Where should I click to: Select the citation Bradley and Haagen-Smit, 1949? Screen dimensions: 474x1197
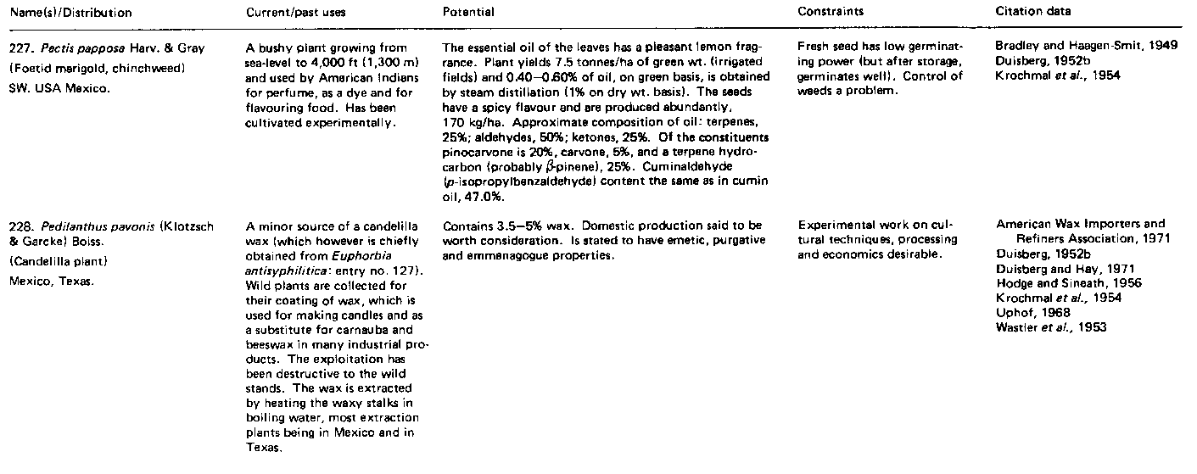[x=1087, y=46]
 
